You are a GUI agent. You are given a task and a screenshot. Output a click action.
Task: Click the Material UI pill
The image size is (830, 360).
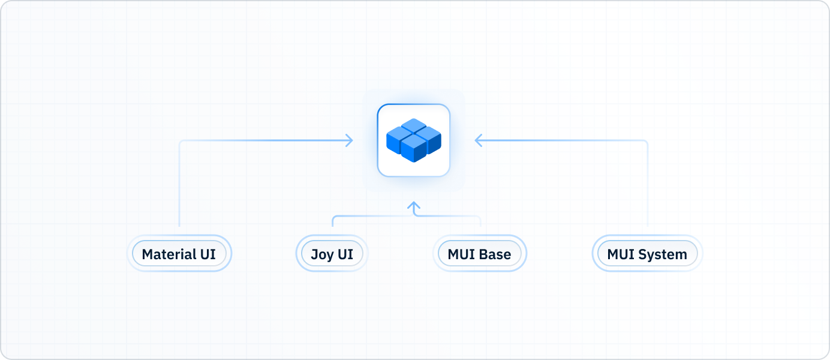tap(179, 254)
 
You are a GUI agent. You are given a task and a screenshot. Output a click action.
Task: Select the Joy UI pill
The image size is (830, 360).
tap(332, 254)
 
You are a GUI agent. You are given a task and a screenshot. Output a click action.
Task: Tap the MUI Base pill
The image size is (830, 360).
tap(479, 254)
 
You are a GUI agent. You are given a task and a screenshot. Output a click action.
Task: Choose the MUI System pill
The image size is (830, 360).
tap(647, 254)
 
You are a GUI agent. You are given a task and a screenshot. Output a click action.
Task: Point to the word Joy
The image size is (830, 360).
tap(322, 254)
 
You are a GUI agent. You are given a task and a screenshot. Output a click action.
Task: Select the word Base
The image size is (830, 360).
tap(495, 254)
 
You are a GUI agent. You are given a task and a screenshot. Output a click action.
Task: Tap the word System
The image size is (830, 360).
tap(663, 254)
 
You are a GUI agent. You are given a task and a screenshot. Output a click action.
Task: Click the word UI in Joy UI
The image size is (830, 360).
tap(345, 254)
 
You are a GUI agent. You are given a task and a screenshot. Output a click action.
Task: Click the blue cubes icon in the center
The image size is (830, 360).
tap(413, 140)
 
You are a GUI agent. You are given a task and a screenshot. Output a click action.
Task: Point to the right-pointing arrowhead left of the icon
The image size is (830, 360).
tap(348, 140)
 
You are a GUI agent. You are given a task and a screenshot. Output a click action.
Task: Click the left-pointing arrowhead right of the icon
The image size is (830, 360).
tap(479, 140)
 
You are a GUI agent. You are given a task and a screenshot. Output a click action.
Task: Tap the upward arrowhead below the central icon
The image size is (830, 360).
tap(413, 206)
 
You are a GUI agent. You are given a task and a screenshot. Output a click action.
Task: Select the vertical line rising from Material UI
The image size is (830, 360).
tap(179, 186)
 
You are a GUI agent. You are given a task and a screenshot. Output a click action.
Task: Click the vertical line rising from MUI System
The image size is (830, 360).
tap(648, 186)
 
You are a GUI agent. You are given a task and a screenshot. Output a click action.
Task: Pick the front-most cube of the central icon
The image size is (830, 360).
tap(413, 149)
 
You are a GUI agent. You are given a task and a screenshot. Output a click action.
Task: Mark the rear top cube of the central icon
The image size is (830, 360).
tap(413, 127)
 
